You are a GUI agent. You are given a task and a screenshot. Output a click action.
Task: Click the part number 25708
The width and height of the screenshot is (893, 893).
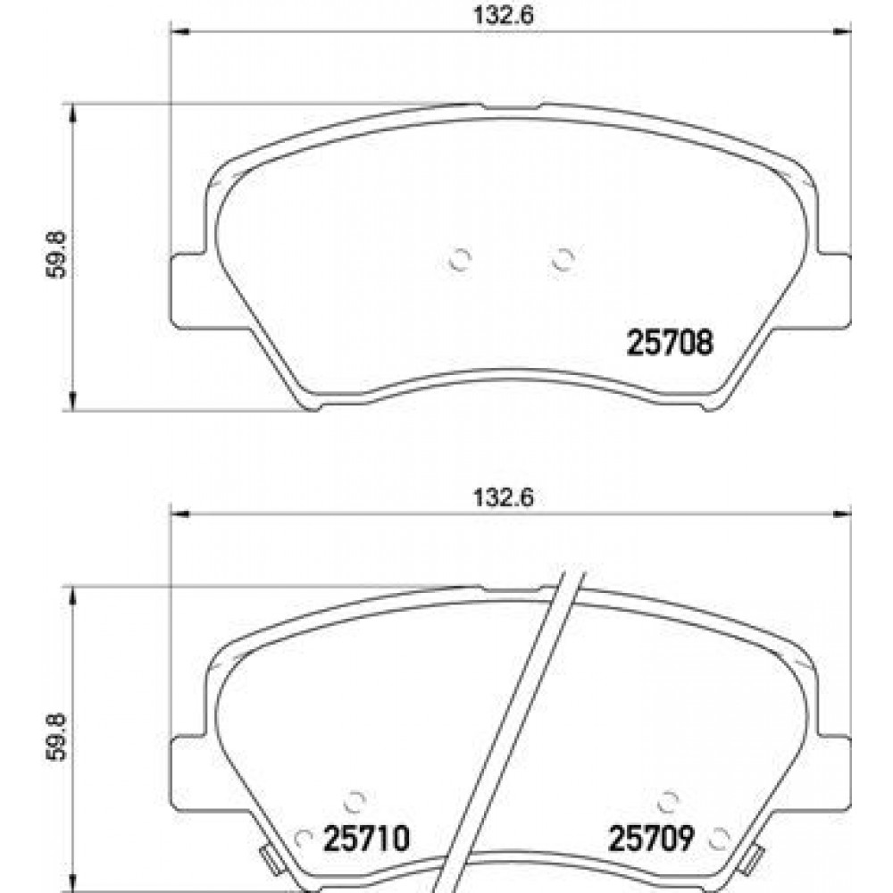(671, 342)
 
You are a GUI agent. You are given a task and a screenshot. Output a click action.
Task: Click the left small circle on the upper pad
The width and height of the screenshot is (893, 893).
(459, 260)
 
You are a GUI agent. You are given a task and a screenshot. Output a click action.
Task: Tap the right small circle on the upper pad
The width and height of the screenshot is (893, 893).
(562, 260)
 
